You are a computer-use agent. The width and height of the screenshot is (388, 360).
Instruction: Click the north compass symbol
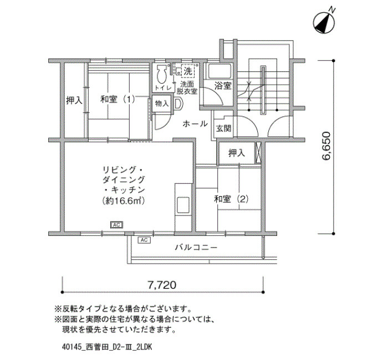(x=324, y=22)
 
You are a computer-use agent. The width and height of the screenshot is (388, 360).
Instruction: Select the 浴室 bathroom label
(x=223, y=86)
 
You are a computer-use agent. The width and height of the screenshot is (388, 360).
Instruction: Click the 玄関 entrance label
(x=224, y=128)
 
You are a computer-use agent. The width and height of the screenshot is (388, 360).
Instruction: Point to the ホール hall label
(x=195, y=124)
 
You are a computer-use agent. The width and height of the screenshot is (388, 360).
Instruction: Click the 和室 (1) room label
(x=118, y=99)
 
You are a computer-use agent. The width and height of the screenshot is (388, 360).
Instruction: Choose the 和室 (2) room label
(x=231, y=199)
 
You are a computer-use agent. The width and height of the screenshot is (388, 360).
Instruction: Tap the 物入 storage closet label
(x=162, y=104)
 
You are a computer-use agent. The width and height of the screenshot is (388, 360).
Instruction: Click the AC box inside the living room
(x=117, y=225)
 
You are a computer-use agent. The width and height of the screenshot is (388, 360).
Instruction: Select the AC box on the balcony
(x=144, y=240)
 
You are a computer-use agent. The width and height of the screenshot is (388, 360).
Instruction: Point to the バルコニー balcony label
(x=196, y=247)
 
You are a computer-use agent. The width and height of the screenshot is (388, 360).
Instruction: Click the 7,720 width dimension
(x=162, y=285)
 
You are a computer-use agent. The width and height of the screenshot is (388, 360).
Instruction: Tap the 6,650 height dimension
(x=326, y=146)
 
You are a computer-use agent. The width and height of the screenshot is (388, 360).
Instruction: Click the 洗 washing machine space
(x=188, y=71)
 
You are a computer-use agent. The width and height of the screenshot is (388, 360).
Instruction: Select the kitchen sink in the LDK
(x=183, y=205)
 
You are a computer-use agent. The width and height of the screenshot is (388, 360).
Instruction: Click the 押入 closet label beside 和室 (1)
(x=74, y=100)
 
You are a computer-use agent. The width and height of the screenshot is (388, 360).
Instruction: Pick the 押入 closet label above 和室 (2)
(x=237, y=153)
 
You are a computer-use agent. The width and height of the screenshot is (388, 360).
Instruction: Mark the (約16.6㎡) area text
(x=124, y=200)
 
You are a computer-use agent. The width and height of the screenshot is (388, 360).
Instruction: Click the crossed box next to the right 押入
(x=258, y=153)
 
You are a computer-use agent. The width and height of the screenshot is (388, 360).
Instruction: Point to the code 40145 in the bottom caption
(x=71, y=347)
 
